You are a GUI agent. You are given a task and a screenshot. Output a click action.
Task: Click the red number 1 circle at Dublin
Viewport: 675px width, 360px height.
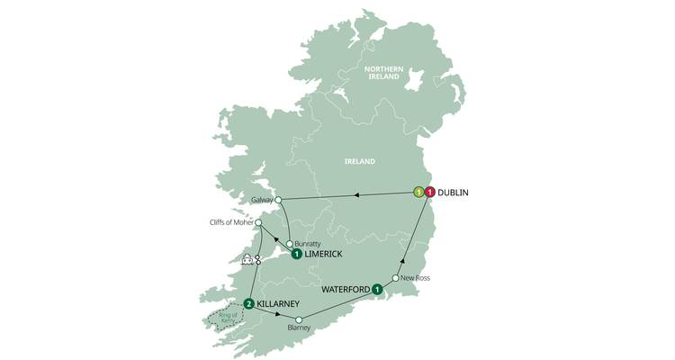(430, 192)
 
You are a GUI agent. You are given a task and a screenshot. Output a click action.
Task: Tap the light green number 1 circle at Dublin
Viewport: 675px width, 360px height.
(418, 192)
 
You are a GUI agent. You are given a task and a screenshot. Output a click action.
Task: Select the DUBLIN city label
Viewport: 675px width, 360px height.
(455, 193)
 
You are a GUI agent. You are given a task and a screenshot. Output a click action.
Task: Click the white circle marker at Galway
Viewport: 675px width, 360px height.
(279, 200)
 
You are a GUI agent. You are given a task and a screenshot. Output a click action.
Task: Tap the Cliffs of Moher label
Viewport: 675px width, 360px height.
(229, 222)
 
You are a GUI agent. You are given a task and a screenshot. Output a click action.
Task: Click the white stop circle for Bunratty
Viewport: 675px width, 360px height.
(289, 244)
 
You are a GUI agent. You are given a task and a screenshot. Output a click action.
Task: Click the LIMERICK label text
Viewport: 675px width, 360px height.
(324, 255)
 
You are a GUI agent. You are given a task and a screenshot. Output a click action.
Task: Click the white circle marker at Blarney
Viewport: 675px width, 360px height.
(299, 319)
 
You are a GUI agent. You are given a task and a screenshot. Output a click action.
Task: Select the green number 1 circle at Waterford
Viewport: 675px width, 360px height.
(377, 289)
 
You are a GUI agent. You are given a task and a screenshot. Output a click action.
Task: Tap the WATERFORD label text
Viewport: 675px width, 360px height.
(345, 290)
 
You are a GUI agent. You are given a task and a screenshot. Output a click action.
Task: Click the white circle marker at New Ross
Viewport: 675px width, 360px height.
(395, 278)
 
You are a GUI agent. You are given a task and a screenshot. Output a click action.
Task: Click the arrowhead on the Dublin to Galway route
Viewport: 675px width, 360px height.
(359, 193)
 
